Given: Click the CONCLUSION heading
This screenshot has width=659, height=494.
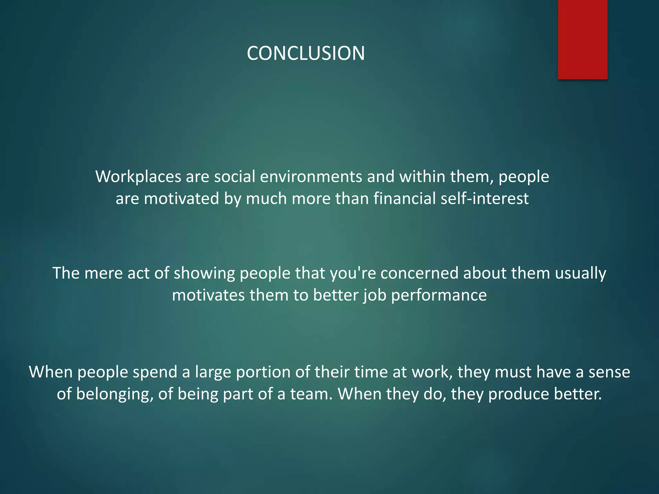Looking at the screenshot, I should tap(306, 53).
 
